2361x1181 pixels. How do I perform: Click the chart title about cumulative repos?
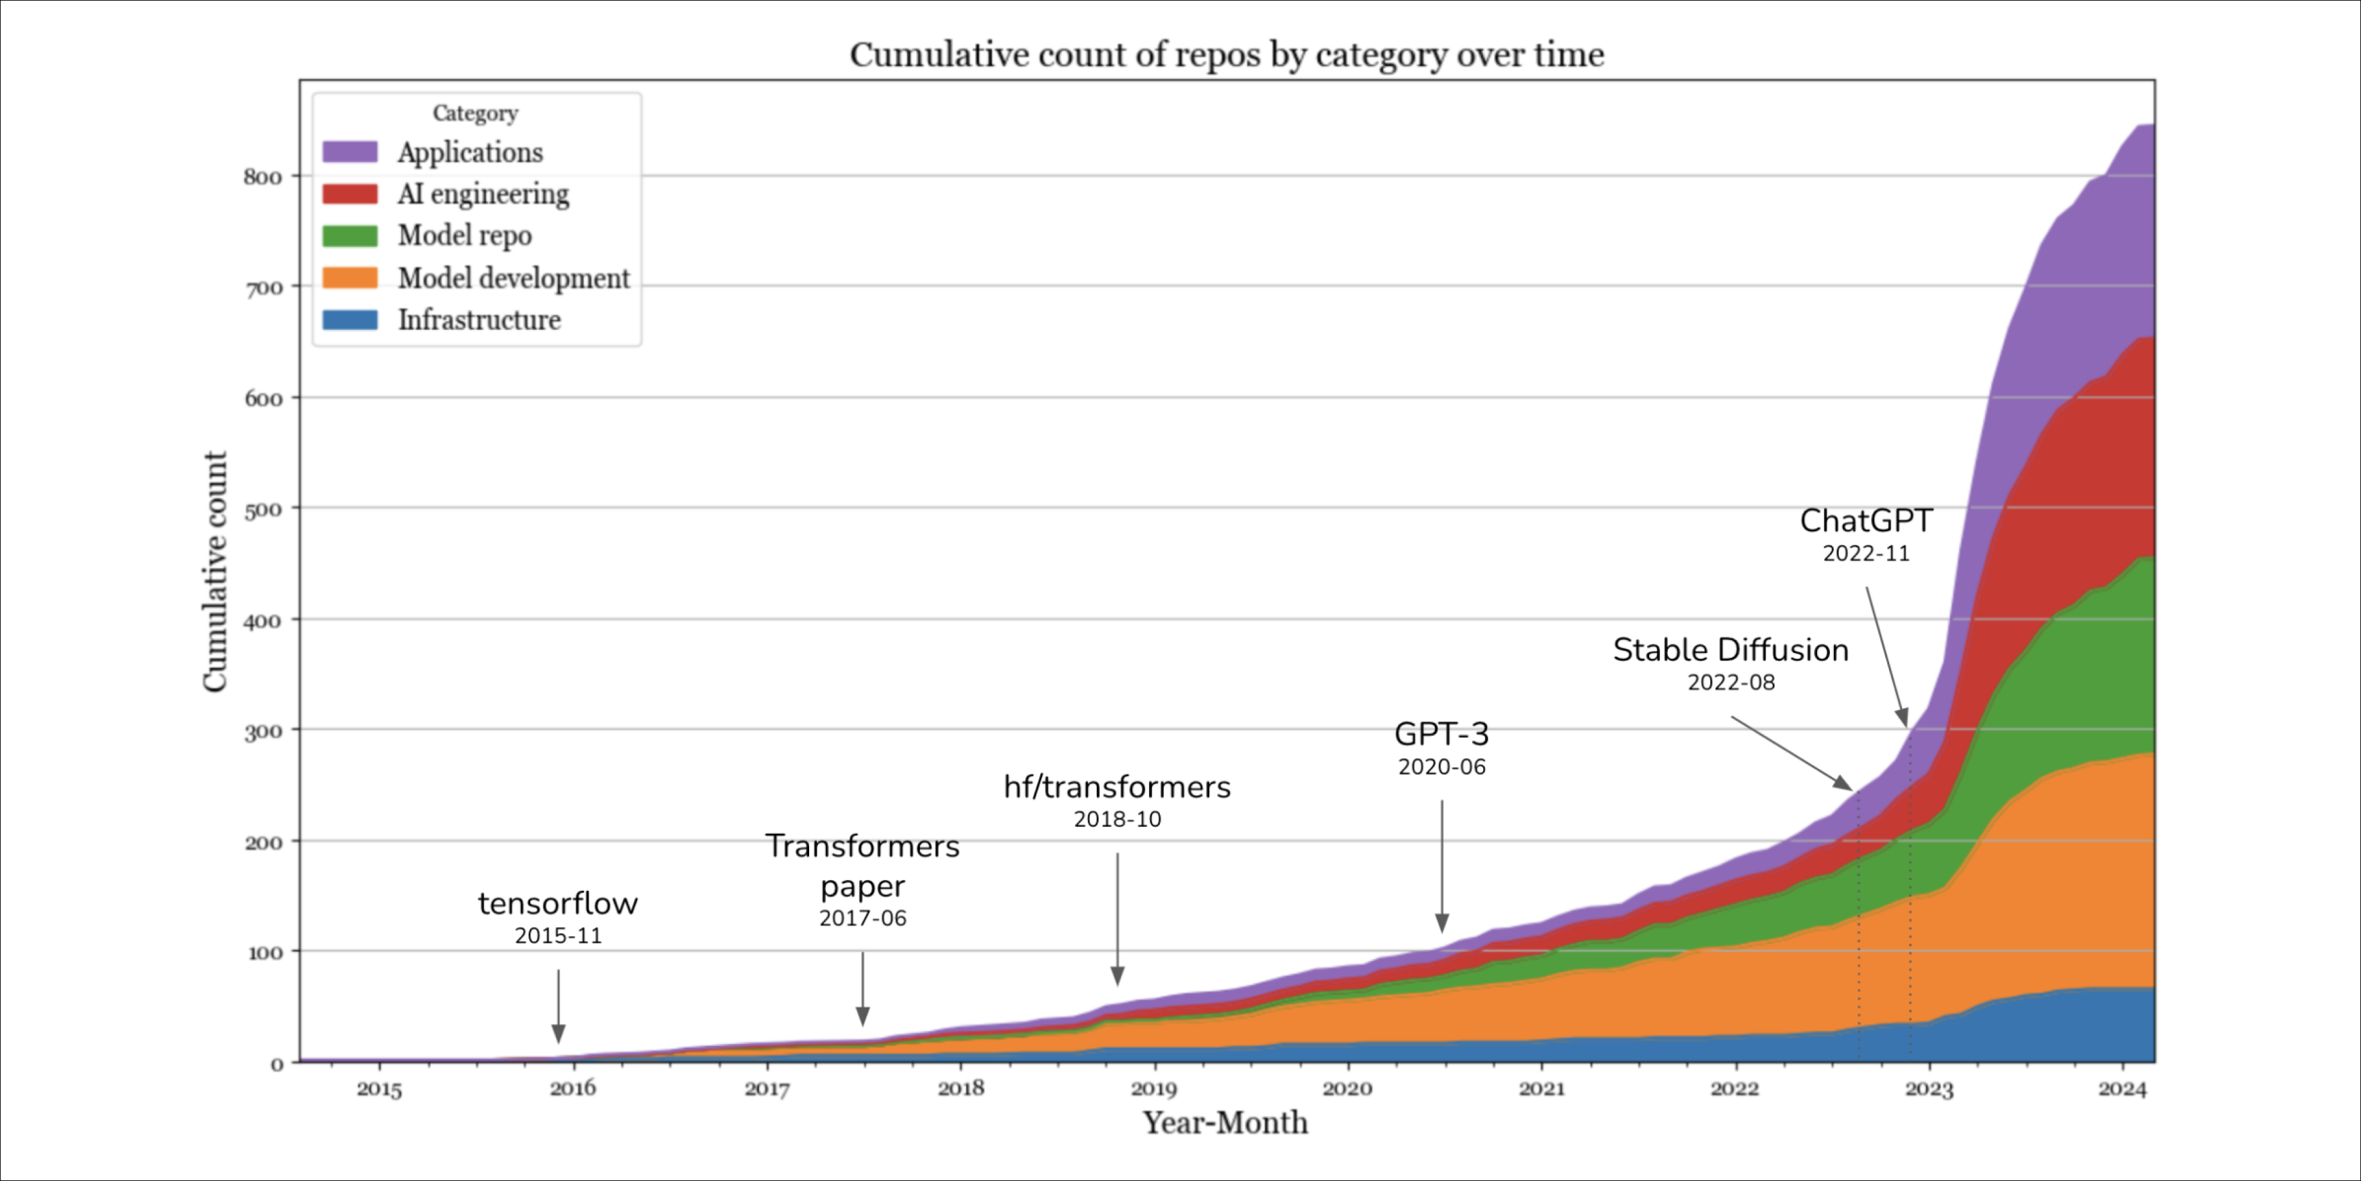tap(1226, 55)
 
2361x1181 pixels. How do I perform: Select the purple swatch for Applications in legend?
tap(350, 152)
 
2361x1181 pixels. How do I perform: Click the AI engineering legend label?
tap(483, 194)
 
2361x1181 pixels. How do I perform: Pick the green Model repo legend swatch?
tap(350, 235)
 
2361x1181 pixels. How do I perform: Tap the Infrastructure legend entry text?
tap(478, 320)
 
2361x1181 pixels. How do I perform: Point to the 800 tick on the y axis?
tap(263, 177)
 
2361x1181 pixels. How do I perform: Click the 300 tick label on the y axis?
tap(263, 732)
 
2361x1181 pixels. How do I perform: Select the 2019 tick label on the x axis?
tap(1153, 1088)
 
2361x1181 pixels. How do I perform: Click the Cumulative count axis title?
tap(214, 572)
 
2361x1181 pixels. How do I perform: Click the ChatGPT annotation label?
tap(1866, 520)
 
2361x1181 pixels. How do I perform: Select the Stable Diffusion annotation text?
tap(1730, 650)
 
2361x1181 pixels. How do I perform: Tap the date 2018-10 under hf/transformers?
tap(1117, 819)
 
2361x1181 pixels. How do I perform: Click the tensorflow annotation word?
tap(557, 903)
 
